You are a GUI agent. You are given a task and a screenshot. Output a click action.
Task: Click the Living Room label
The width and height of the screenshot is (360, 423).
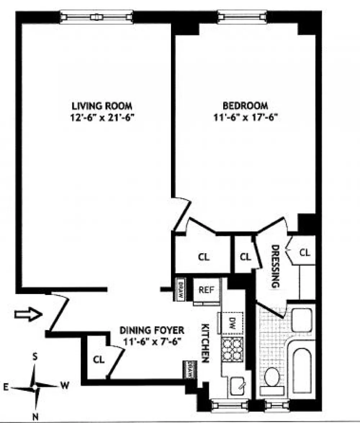click(x=102, y=106)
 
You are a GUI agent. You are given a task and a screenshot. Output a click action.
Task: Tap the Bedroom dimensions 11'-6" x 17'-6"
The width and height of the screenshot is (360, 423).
click(x=246, y=117)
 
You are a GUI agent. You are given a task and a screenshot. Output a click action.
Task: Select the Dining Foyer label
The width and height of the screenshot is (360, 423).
click(x=152, y=330)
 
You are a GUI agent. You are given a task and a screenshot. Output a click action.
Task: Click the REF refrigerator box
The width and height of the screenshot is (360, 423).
click(x=207, y=291)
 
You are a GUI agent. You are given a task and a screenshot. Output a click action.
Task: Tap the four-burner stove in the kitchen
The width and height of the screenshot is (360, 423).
click(x=233, y=349)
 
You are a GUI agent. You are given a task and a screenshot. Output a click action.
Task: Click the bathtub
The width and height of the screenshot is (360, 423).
click(x=302, y=370)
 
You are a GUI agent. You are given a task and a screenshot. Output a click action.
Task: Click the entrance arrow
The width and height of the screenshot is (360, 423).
click(x=28, y=314)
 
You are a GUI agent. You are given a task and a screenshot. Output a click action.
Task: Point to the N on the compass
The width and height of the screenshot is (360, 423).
click(x=35, y=417)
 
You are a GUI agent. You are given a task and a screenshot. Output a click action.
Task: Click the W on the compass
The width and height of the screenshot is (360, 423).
click(x=65, y=385)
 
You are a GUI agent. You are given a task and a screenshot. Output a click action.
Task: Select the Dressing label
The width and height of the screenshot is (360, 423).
click(x=275, y=266)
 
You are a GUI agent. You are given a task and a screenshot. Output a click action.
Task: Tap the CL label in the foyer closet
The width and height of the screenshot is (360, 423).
click(x=99, y=359)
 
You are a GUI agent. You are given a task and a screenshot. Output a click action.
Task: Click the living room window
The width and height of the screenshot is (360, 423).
click(x=96, y=17)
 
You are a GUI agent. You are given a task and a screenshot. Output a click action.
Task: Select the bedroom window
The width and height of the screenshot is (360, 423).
click(x=242, y=17)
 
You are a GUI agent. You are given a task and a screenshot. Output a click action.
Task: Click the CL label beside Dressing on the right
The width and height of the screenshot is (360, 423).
click(x=305, y=253)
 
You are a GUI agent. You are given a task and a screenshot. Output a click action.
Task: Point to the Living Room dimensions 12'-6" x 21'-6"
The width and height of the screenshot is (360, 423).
click(x=102, y=118)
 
